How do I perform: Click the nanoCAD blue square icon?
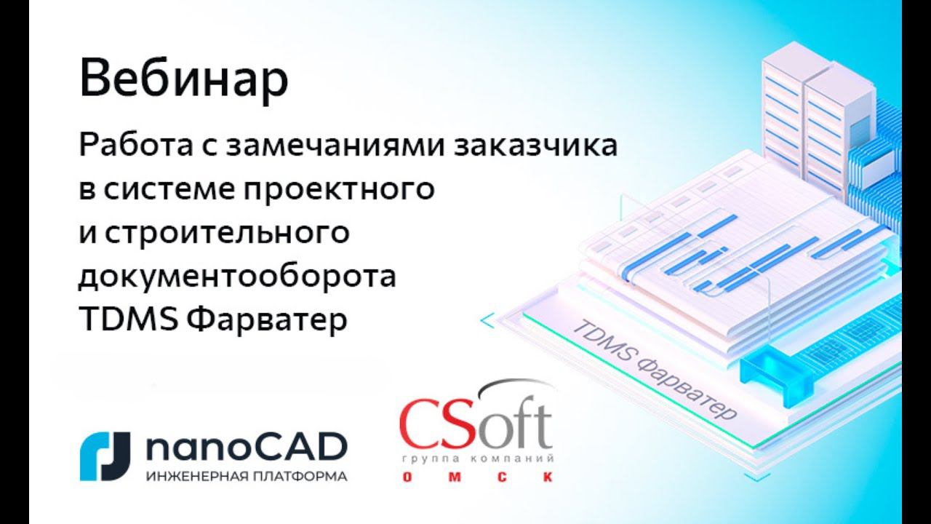105,456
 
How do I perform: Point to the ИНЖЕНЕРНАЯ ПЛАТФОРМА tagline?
246,477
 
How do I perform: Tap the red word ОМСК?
476,477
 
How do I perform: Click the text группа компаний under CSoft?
477,461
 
